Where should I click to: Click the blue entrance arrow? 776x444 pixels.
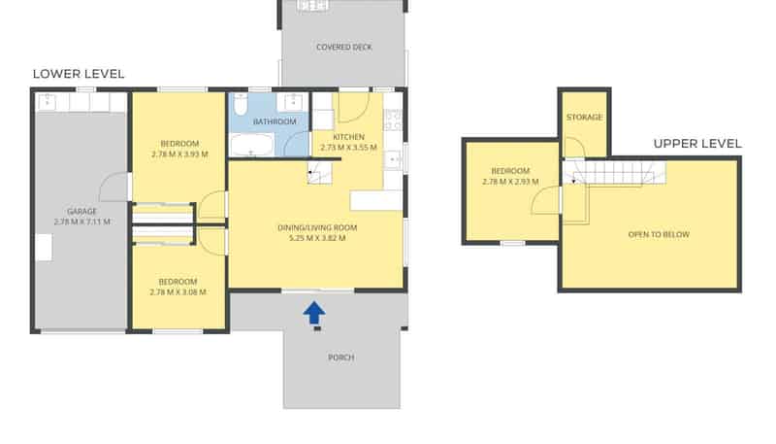tap(314, 313)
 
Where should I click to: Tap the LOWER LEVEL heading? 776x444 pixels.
tap(79, 74)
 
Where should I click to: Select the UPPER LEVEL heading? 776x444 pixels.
tap(697, 144)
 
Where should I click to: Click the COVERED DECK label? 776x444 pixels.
tap(344, 47)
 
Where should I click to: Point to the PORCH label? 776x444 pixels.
tap(341, 358)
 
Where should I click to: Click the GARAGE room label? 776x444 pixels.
tap(82, 212)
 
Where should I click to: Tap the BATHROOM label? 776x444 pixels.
tap(275, 121)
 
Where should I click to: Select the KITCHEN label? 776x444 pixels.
tap(348, 137)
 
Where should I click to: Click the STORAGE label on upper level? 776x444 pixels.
tap(585, 117)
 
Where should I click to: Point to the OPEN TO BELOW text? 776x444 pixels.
tap(659, 234)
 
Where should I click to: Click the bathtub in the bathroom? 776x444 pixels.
tap(252, 145)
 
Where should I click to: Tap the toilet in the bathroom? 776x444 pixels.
tap(241, 104)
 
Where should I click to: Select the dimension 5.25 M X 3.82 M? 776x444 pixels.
tap(317, 238)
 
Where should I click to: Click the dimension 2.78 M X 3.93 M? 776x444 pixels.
tap(179, 154)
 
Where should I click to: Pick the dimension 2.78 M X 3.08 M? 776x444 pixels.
tap(178, 292)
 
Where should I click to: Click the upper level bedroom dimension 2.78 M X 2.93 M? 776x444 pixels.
tap(510, 182)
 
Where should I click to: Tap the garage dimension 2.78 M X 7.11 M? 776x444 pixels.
tap(82, 222)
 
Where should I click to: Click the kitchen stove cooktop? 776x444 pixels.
tap(394, 120)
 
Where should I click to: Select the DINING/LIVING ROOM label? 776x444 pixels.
tap(317, 228)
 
